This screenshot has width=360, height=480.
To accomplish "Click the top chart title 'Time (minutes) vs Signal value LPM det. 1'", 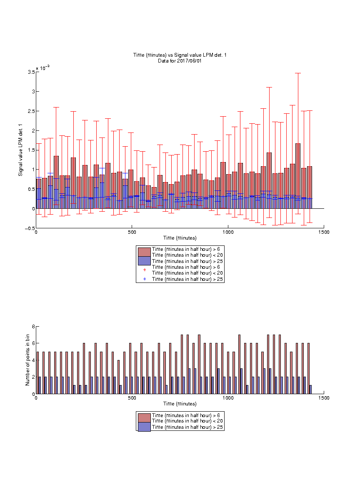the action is [180, 55].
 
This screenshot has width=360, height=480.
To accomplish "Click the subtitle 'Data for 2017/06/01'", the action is [180, 60].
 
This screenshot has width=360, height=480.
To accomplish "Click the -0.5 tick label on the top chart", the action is [30, 228].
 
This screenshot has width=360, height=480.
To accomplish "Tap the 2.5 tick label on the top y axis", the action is [32, 111].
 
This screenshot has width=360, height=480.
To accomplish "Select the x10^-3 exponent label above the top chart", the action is [42, 67].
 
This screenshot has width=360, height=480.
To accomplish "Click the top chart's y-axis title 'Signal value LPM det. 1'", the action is [20, 150].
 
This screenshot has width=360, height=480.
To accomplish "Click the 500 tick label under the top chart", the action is [132, 232].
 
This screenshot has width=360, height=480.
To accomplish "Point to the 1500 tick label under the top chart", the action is [324, 232].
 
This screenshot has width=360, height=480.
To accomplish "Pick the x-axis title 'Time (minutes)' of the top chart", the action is [180, 238].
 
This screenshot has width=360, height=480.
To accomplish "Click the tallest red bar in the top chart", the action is [297, 176].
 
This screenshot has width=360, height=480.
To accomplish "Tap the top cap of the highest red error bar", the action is [297, 73].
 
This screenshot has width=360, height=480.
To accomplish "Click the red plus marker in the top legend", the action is [145, 270].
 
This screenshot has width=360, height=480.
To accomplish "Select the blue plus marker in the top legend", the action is [145, 279].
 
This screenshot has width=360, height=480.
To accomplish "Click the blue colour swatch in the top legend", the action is [144, 261].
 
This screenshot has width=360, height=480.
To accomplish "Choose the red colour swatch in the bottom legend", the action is [144, 418].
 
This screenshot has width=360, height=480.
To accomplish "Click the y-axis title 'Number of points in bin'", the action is [27, 360].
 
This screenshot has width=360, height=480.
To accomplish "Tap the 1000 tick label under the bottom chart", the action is [228, 398].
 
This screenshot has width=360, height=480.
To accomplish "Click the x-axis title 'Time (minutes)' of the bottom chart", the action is [180, 404].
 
